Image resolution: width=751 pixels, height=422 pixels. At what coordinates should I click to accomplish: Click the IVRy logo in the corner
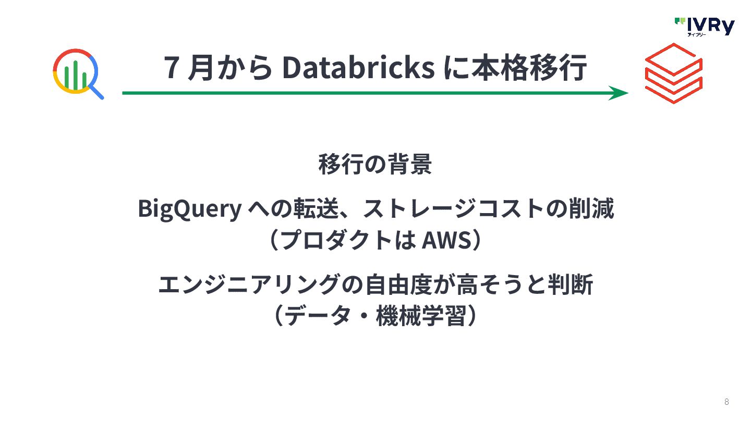(x=704, y=26)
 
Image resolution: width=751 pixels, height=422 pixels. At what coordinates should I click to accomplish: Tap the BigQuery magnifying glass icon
(x=78, y=73)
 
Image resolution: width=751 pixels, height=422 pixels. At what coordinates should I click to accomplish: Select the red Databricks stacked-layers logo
(x=673, y=73)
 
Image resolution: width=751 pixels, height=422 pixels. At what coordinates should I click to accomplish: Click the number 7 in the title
(x=169, y=68)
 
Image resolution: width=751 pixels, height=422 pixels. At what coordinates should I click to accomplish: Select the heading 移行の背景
(x=375, y=164)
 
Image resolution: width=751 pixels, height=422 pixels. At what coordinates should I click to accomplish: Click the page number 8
(x=726, y=402)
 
